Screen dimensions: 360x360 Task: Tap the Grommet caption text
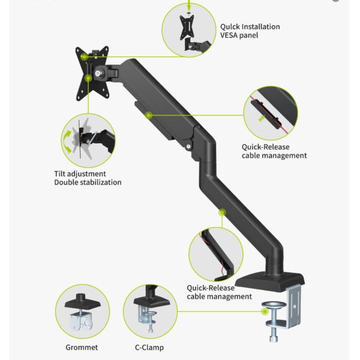pyautogui.click(x=82, y=348)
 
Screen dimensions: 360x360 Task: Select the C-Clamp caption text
pyautogui.click(x=149, y=348)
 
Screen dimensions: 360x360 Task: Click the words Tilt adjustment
pyautogui.click(x=80, y=174)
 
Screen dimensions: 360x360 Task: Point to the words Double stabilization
pyautogui.click(x=88, y=182)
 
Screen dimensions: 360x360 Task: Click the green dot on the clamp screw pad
pyautogui.click(x=265, y=312)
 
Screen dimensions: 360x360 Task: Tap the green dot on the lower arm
pyautogui.click(x=222, y=212)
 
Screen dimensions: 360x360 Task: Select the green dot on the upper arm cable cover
pyautogui.click(x=149, y=115)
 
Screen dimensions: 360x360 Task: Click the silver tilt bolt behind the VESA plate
pyautogui.click(x=97, y=73)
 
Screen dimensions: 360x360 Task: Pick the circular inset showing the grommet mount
pyautogui.click(x=83, y=312)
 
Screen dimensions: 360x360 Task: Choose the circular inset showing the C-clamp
pyautogui.click(x=150, y=312)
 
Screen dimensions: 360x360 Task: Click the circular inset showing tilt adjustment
pyautogui.click(x=88, y=140)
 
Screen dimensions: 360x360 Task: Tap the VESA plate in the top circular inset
pyautogui.click(x=187, y=27)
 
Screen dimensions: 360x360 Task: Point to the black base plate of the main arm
pyautogui.click(x=270, y=281)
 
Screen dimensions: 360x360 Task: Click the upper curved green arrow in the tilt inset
pyautogui.click(x=67, y=135)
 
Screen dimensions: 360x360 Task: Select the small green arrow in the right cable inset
pyautogui.click(x=261, y=119)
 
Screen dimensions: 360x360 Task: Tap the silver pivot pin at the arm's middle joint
pyautogui.click(x=189, y=146)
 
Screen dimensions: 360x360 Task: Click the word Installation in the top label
pyautogui.click(x=261, y=27)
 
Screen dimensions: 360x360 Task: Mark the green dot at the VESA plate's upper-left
pyautogui.click(x=84, y=56)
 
